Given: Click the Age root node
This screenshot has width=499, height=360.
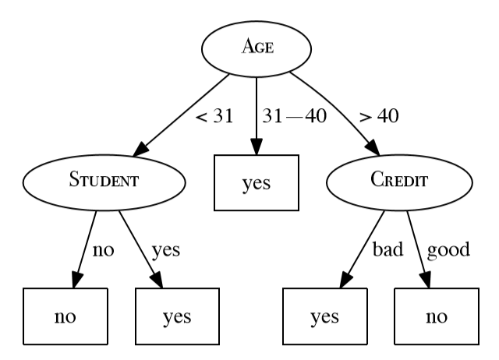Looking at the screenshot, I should pyautogui.click(x=257, y=48).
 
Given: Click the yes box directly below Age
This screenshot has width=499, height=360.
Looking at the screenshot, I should pyautogui.click(x=257, y=183).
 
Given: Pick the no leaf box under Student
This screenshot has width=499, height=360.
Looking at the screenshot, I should pyautogui.click(x=65, y=316).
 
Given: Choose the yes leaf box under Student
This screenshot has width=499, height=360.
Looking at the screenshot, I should pyautogui.click(x=177, y=316).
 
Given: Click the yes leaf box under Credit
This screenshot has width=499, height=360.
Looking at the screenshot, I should pyautogui.click(x=324, y=316).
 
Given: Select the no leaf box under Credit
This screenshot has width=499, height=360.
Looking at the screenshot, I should pyautogui.click(x=437, y=316).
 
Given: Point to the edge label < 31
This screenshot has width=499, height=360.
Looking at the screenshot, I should pyautogui.click(x=214, y=117).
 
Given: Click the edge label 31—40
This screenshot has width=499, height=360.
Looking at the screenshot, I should pyautogui.click(x=294, y=117).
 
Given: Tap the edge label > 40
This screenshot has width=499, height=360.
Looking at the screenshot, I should pyautogui.click(x=380, y=117).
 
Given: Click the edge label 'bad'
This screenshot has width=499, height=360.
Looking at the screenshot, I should pyautogui.click(x=387, y=250).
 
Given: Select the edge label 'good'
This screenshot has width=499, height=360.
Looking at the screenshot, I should pyautogui.click(x=448, y=250).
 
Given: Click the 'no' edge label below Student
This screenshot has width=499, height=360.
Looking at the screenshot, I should pyautogui.click(x=104, y=250).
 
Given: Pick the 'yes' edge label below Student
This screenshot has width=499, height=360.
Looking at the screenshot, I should pyautogui.click(x=165, y=250).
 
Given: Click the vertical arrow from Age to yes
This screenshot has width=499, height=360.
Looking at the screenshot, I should pyautogui.click(x=257, y=113).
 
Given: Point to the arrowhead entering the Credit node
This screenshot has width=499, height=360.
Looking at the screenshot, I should pyautogui.click(x=372, y=148).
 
